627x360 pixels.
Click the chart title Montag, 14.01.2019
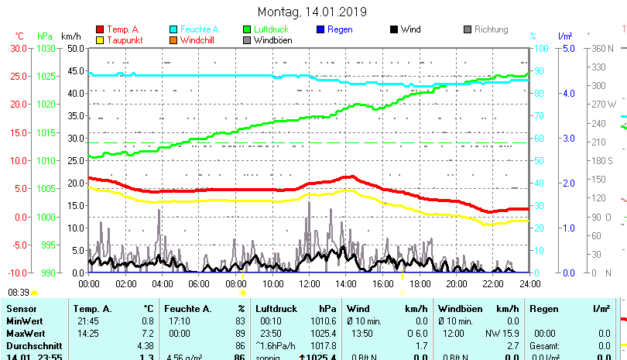313,12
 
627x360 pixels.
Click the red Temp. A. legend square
100,29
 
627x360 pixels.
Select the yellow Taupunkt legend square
100,40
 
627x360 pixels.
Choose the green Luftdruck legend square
247,29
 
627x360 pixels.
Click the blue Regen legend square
320,29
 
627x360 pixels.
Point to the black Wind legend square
394,29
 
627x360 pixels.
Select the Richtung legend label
491,29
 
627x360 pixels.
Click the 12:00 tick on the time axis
309,284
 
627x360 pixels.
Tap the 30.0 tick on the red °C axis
18,48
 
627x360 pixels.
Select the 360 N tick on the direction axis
603,48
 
